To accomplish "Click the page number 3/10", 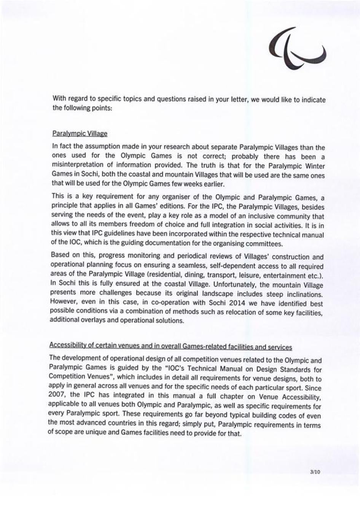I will (315, 472).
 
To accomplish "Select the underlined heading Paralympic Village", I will (80, 133).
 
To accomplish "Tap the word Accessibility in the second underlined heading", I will (66, 345).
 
